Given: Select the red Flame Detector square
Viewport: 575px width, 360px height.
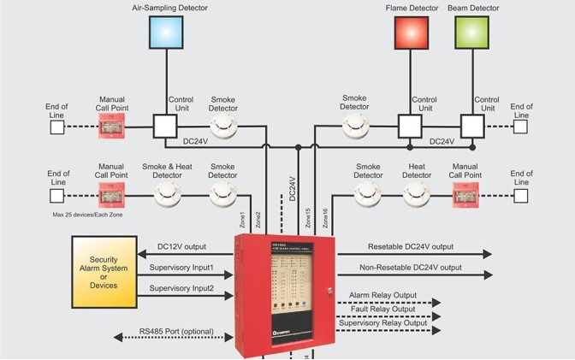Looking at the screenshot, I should pyautogui.click(x=410, y=32).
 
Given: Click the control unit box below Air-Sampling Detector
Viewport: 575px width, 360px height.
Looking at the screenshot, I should pyautogui.click(x=164, y=127).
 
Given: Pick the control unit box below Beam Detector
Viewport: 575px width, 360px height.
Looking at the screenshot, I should pyautogui.click(x=472, y=127).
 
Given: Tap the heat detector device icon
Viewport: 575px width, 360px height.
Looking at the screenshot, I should pyautogui.click(x=417, y=196).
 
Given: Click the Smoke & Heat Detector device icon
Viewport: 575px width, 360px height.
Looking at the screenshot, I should pyautogui.click(x=168, y=196).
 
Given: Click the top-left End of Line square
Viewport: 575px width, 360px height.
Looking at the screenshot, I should pyautogui.click(x=56, y=127).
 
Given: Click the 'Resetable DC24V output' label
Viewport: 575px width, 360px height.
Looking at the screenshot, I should pyautogui.click(x=411, y=246).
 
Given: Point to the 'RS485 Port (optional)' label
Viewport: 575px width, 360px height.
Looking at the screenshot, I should pyautogui.click(x=177, y=331).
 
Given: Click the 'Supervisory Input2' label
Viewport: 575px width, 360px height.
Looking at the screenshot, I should pyautogui.click(x=181, y=288).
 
